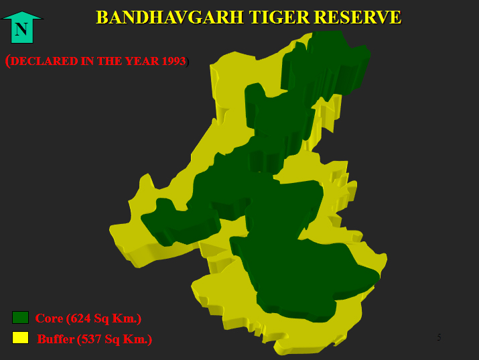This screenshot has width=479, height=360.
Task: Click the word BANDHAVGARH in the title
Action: click(169, 17)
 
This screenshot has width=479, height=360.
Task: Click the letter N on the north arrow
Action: click(21, 29)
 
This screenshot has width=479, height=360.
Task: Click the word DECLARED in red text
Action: click(44, 61)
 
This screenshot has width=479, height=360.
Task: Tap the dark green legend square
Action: click(21, 318)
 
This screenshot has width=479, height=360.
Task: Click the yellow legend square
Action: click(21, 338)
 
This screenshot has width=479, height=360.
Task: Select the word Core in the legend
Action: click(49, 318)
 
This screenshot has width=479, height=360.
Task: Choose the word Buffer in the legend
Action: click(56, 339)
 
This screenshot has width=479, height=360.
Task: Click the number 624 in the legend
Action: click(80, 318)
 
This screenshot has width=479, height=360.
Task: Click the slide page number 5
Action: click(439, 337)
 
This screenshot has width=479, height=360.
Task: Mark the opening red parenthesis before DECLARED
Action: click(7, 61)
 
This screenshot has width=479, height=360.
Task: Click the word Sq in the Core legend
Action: click(101, 319)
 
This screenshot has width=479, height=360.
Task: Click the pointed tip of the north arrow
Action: click(22, 11)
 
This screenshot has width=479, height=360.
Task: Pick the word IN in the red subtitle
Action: click(87, 61)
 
